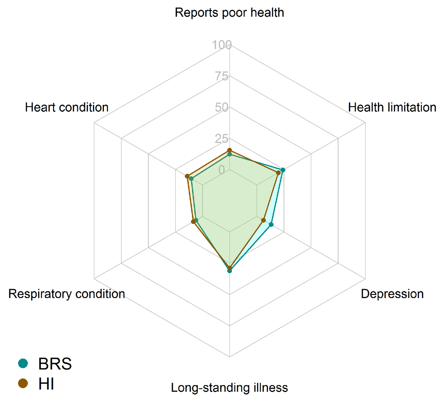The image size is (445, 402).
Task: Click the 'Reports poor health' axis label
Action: pyautogui.click(x=229, y=13)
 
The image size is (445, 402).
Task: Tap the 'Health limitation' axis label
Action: pyautogui.click(x=392, y=107)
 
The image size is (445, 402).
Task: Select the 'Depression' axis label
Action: pyautogui.click(x=392, y=294)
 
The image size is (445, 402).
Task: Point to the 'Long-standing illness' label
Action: pyautogui.click(x=229, y=388)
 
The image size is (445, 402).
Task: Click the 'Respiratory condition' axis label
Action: pyautogui.click(x=67, y=294)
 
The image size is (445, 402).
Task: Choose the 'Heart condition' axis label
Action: pyautogui.click(x=67, y=107)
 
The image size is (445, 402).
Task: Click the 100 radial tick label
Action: pyautogui.click(x=222, y=45)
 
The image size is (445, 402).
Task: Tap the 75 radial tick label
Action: pyautogui.click(x=222, y=76)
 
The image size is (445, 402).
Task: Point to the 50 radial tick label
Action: pyautogui.click(x=222, y=107)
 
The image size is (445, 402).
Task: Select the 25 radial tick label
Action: pyautogui.click(x=222, y=139)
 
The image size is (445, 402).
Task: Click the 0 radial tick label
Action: pyautogui.click(x=222, y=170)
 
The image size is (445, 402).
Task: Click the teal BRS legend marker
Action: pyautogui.click(x=23, y=364)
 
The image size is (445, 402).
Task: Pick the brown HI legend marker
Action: pyautogui.click(x=23, y=384)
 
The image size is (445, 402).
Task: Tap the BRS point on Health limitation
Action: pyautogui.click(x=283, y=170)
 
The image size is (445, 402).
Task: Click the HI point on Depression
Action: pyautogui.click(x=263, y=220)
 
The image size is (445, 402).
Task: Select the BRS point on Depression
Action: pyautogui.click(x=271, y=225)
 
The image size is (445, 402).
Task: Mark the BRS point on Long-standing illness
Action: pyautogui.click(x=230, y=271)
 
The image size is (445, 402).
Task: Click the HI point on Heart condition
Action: pyautogui.click(x=187, y=176)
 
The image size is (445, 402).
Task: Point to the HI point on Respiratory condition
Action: pyautogui.click(x=193, y=222)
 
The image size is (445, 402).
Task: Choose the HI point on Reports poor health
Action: pyautogui.click(x=230, y=151)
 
